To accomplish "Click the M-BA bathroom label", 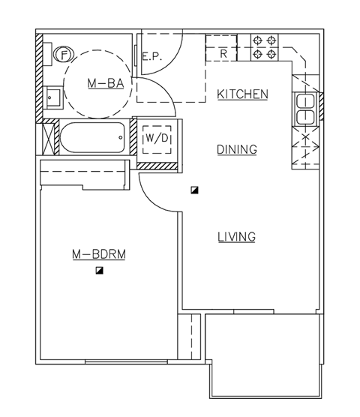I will [x=100, y=85].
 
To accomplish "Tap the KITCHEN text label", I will [x=242, y=94].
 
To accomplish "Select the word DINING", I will [x=237, y=149].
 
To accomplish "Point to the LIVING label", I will [x=236, y=237].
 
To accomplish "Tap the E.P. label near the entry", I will [x=151, y=55].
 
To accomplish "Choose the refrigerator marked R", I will [x=223, y=53].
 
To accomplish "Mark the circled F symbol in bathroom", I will [x=65, y=54].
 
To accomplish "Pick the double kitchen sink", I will [x=305, y=109].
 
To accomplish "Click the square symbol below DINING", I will [x=194, y=190].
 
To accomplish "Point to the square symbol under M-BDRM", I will [x=99, y=271].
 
